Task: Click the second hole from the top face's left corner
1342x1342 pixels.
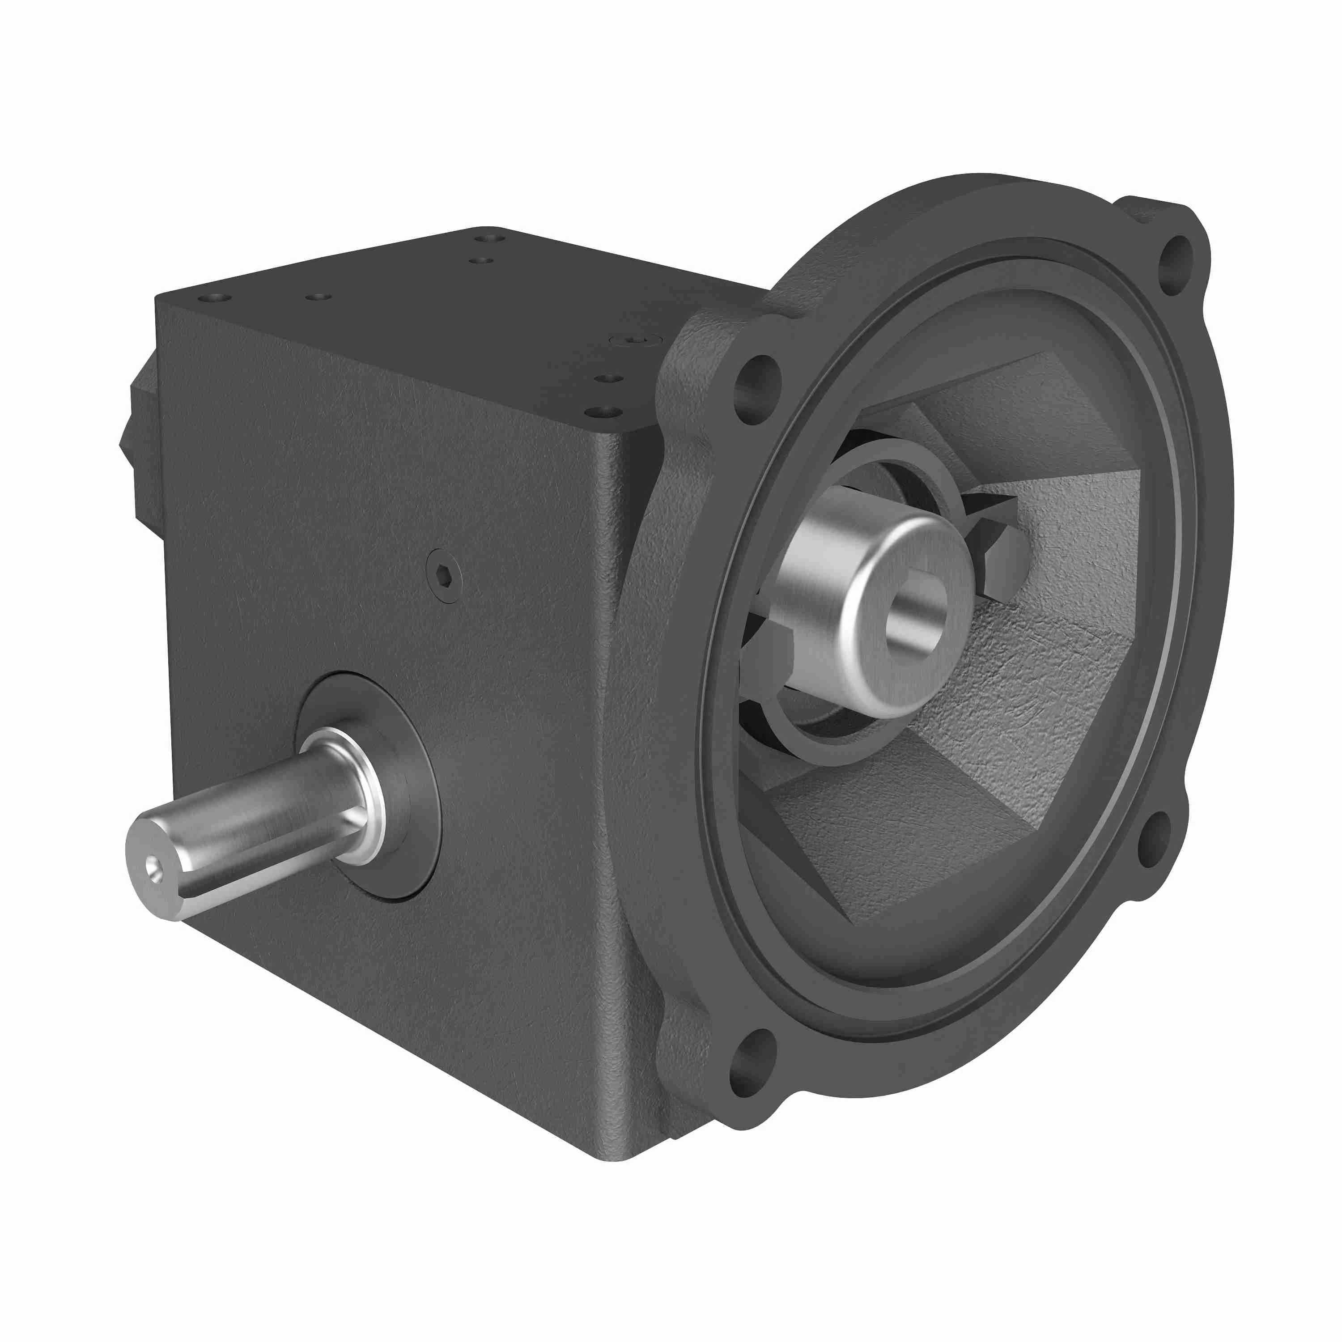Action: click(x=318, y=297)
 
